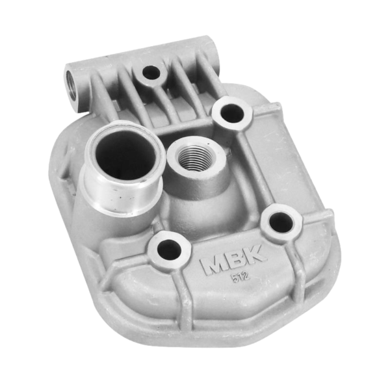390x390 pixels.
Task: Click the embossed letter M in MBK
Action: tap(214, 265)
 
